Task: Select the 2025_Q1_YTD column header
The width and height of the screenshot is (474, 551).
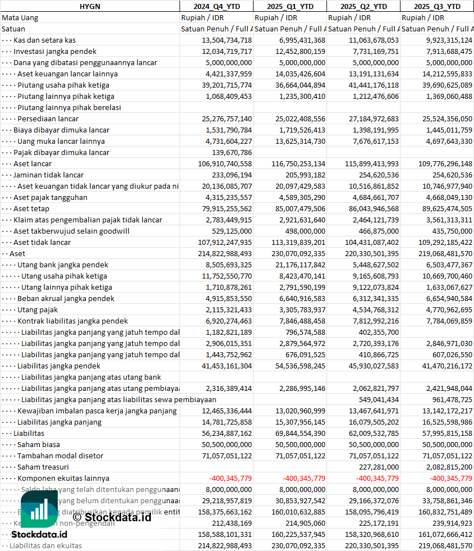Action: tap(289, 6)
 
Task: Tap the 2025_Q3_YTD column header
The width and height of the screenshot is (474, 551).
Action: tap(437, 6)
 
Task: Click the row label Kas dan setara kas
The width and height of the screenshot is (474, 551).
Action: tap(44, 40)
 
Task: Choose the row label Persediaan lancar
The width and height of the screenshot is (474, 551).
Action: tap(48, 119)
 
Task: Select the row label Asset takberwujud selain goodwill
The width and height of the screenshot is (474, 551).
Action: tap(71, 231)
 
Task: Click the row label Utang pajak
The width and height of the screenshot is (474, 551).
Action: tap(38, 309)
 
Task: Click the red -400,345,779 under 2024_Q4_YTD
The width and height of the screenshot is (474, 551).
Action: tap(230, 478)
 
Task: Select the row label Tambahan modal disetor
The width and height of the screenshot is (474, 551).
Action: tap(60, 456)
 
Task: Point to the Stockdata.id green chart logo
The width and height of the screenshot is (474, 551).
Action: tap(39, 509)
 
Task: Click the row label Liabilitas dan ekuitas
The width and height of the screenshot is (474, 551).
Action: tap(45, 545)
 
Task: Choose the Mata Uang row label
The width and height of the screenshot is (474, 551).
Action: tap(20, 17)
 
